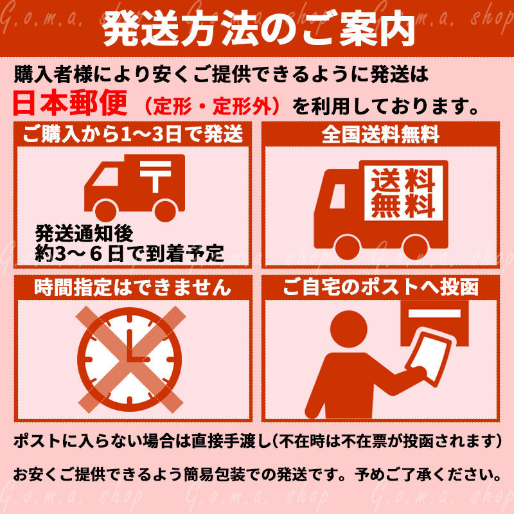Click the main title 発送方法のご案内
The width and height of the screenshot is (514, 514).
(x=259, y=29)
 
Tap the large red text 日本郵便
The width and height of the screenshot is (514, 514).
(x=70, y=103)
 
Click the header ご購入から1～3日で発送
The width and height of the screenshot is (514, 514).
(x=133, y=134)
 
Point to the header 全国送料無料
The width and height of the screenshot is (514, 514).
(x=380, y=134)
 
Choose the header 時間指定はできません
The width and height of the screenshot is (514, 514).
(x=133, y=287)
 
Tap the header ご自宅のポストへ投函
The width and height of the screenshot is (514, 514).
(x=380, y=287)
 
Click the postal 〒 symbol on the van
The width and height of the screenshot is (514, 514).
(x=155, y=175)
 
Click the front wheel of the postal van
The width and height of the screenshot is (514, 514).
(x=105, y=210)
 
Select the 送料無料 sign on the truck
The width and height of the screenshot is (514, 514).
(x=403, y=193)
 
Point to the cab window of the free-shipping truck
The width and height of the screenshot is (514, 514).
(x=338, y=196)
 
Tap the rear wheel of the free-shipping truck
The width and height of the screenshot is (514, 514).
(x=416, y=247)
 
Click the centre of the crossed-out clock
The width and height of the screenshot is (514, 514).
(x=130, y=359)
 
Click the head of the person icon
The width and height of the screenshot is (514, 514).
(x=348, y=329)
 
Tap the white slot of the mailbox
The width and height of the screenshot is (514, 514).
(x=434, y=314)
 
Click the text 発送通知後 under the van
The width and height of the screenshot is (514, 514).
(x=84, y=233)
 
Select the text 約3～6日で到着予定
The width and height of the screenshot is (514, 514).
(x=130, y=253)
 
